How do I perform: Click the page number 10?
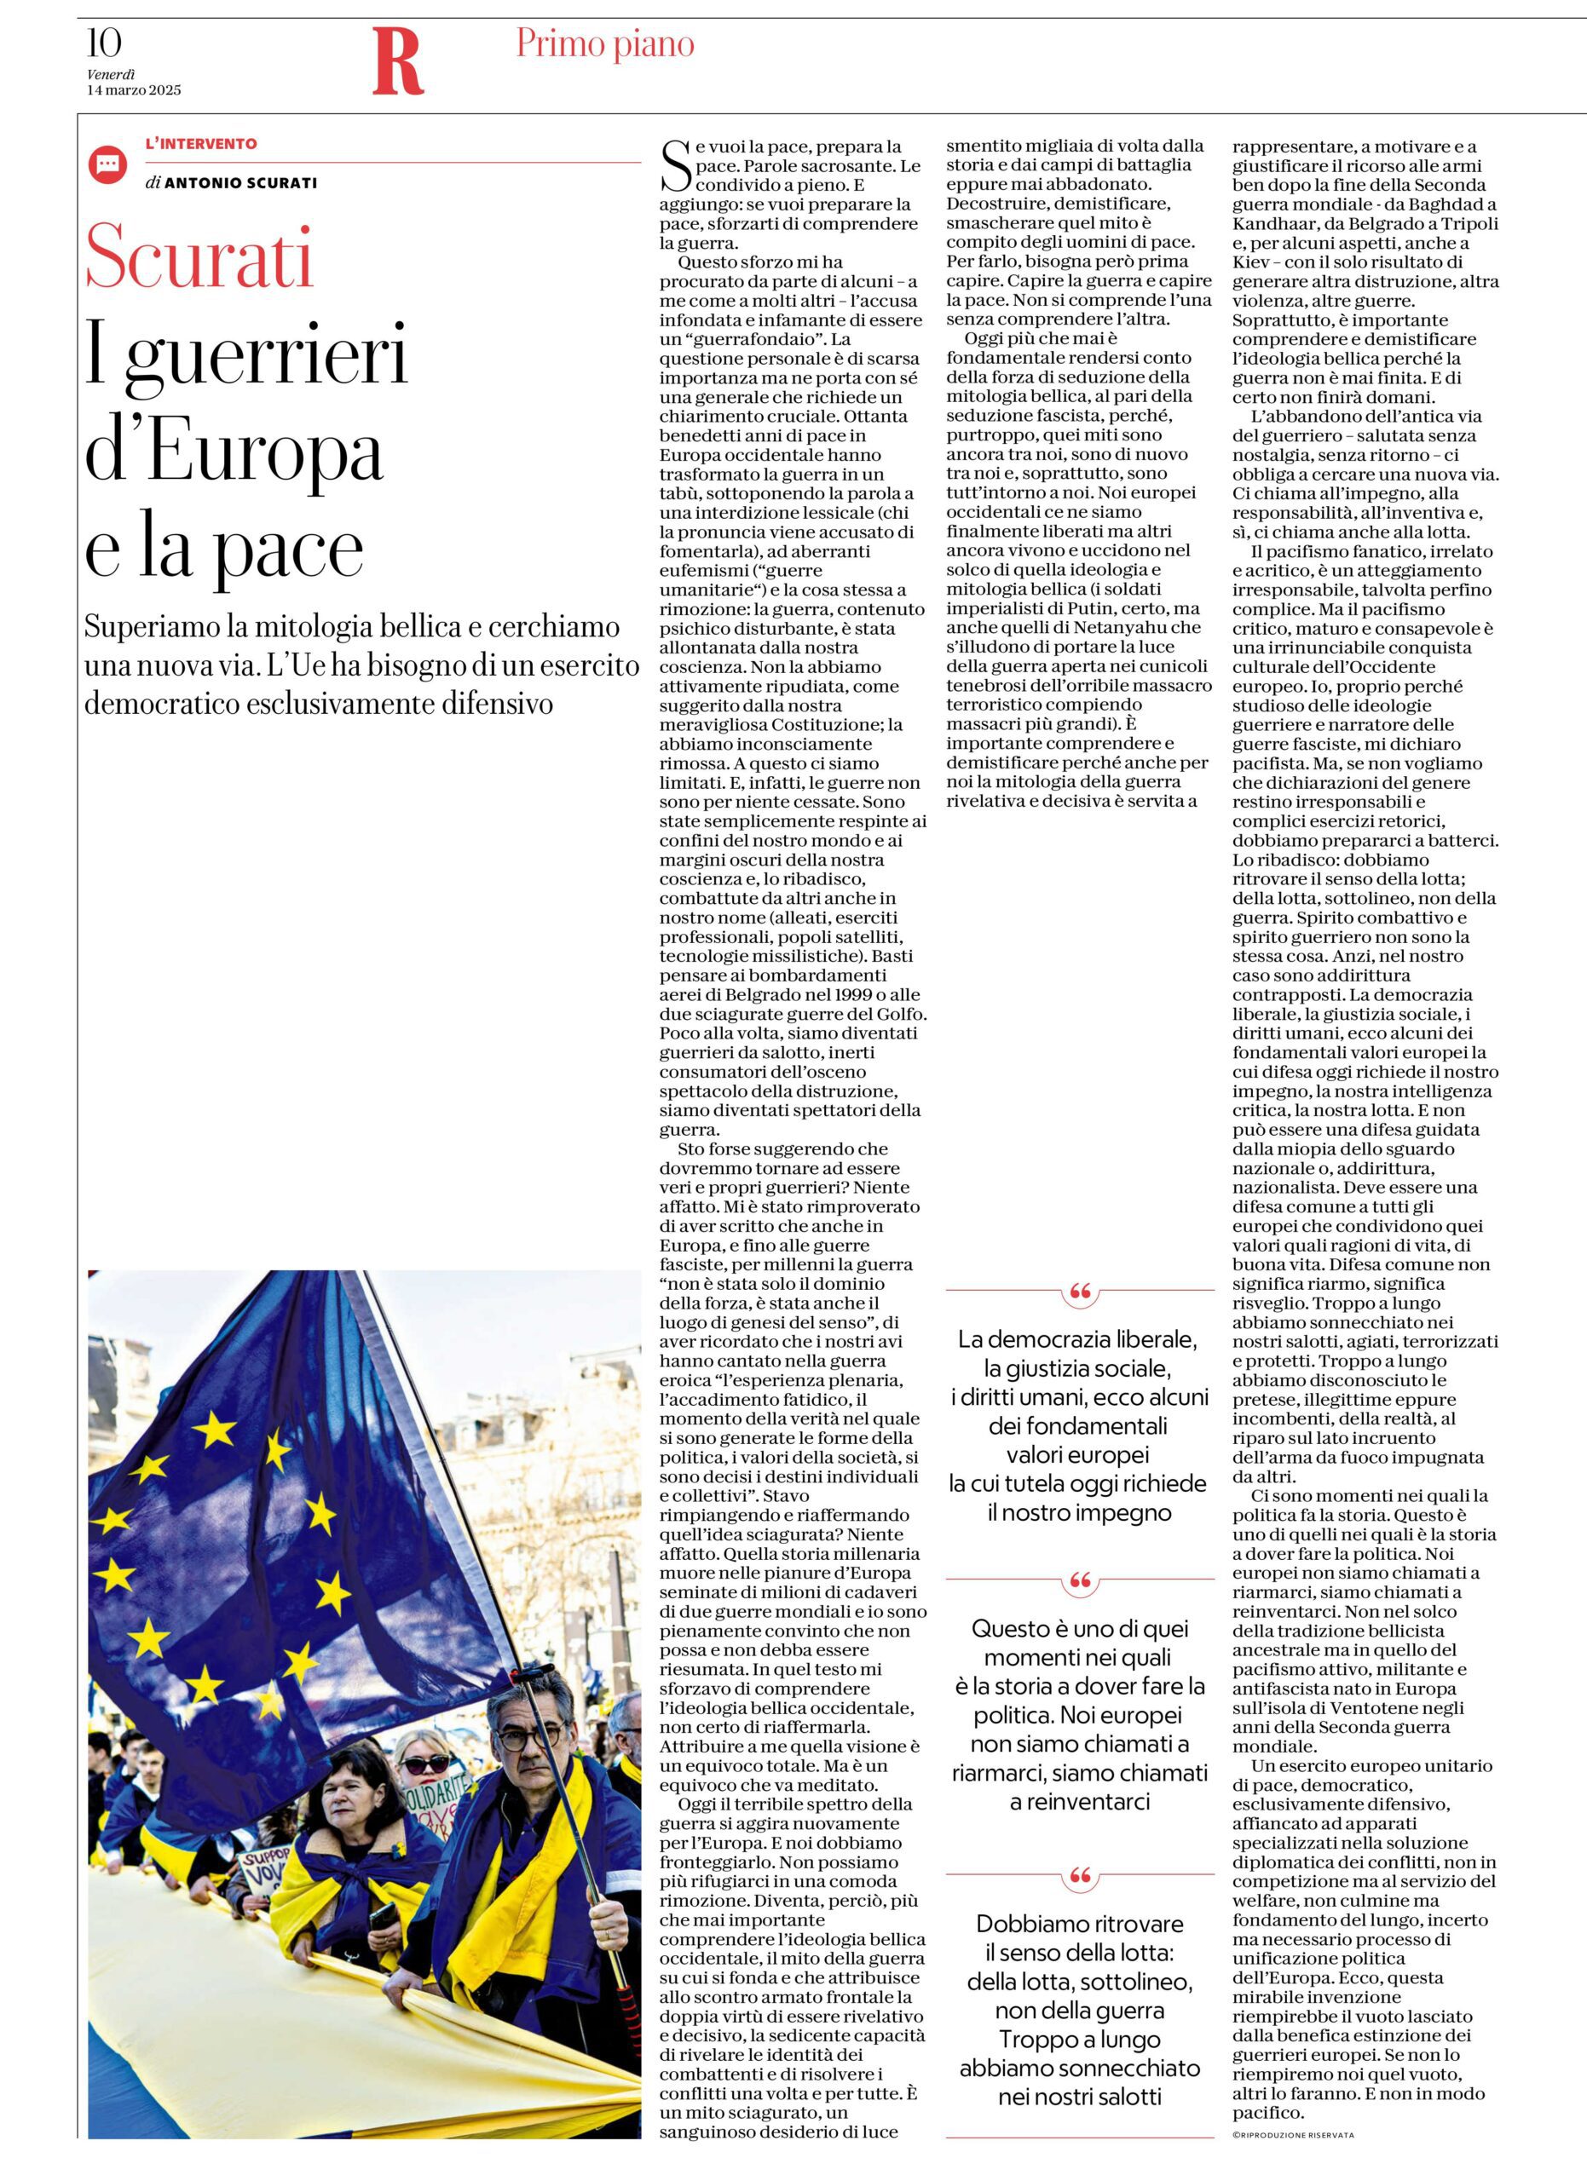104,43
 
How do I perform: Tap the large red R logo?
397,62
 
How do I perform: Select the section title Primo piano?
605,44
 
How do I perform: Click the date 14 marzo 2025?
134,90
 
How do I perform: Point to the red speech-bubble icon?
107,164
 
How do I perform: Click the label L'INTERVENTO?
201,144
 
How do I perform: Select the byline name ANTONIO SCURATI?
240,182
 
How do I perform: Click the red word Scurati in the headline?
200,256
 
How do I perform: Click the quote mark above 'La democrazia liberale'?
1080,1292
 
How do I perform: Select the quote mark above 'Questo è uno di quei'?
1080,1580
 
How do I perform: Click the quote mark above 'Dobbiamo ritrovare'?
1080,1875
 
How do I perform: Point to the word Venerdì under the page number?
112,74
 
